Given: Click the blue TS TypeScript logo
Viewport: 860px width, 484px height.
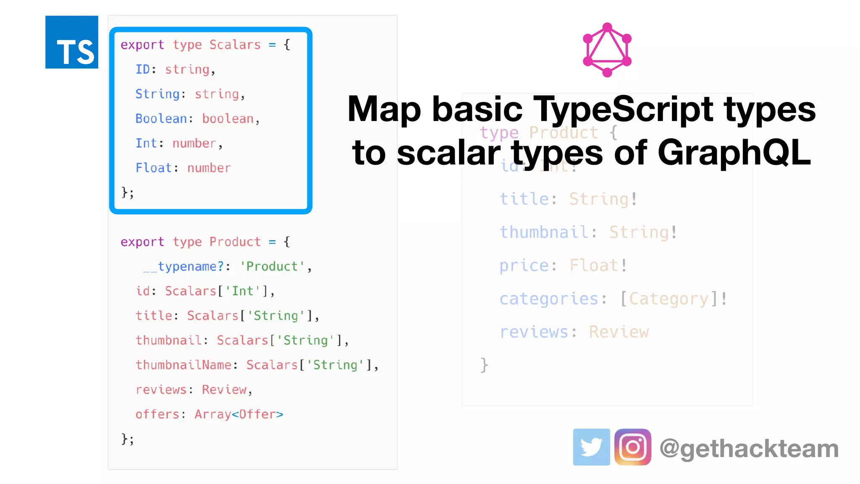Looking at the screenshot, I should click(72, 42).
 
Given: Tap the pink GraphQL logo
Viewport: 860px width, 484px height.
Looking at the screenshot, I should click(607, 50).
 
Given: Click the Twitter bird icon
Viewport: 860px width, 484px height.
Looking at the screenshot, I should click(591, 447).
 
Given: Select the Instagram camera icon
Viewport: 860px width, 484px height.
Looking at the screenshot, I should click(632, 447).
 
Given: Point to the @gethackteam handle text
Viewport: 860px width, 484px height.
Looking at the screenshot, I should click(749, 449).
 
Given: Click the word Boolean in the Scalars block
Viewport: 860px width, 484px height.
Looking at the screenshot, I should click(161, 119).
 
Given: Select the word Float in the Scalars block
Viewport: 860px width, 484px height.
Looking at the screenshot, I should click(154, 168).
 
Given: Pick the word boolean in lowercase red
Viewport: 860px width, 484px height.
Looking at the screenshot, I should click(228, 119).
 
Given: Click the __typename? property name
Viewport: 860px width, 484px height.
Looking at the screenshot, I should click(184, 266).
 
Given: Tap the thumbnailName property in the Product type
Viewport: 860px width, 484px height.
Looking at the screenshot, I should click(184, 365).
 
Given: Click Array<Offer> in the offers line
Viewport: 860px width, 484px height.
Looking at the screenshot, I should click(239, 414).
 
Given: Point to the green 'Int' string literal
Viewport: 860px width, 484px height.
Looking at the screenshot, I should click(243, 291).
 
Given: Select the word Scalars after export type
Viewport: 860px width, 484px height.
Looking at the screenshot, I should click(235, 45).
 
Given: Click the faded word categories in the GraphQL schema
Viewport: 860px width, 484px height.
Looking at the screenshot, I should click(549, 299).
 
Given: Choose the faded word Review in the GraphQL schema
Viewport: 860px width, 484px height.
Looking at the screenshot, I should click(619, 332).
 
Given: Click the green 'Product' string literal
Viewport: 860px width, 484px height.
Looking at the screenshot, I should click(272, 266).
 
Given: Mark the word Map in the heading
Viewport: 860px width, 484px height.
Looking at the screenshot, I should click(384, 109).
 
